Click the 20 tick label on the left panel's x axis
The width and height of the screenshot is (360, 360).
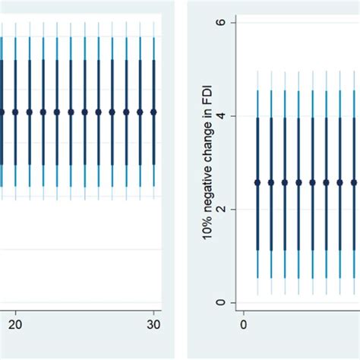click(x=15, y=323)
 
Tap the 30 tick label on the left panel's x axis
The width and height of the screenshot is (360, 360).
click(x=154, y=323)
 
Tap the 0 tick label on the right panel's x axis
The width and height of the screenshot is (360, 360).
click(x=244, y=323)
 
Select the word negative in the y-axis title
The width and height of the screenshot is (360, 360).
click(x=207, y=198)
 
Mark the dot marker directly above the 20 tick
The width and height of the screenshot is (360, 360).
click(x=15, y=112)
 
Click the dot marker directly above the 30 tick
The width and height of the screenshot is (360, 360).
click(x=154, y=112)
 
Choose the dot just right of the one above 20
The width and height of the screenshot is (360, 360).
click(x=29, y=112)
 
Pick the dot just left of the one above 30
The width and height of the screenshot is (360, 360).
click(x=141, y=112)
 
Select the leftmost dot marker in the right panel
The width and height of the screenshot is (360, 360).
click(x=257, y=182)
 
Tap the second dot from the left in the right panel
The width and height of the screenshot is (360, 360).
click(x=271, y=182)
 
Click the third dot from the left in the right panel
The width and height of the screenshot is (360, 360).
click(x=285, y=182)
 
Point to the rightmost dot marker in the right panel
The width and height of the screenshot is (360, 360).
click(x=354, y=182)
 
